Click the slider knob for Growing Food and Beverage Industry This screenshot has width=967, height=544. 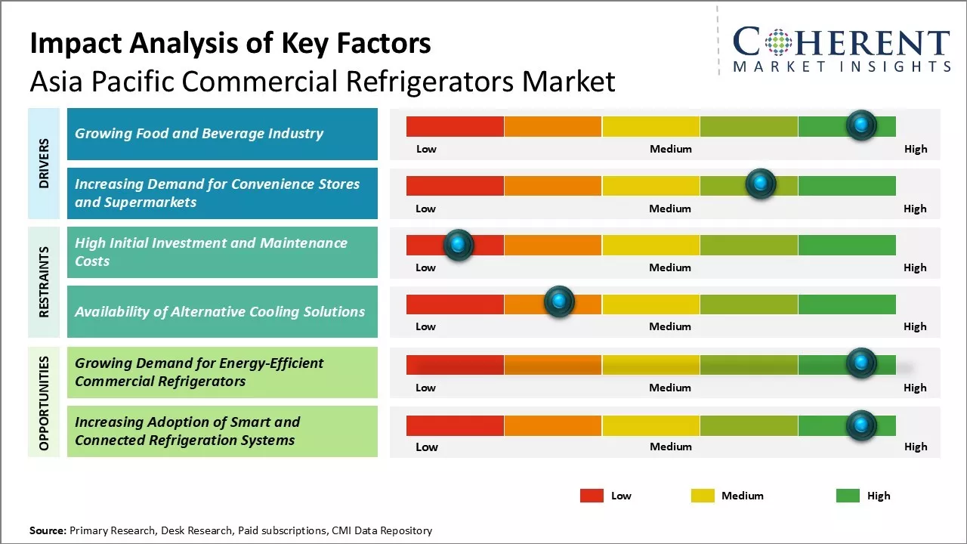click(861, 125)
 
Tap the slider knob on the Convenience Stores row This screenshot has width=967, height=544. click(761, 184)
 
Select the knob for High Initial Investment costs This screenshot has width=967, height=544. click(458, 245)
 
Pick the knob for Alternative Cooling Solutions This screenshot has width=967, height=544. click(559, 302)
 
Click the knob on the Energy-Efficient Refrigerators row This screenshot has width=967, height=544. click(861, 363)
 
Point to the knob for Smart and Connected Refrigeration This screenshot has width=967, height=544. click(861, 425)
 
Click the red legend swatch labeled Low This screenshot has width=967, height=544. click(592, 496)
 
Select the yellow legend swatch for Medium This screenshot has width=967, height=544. click(703, 496)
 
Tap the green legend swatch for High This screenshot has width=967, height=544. click(848, 496)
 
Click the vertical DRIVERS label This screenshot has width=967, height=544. click(44, 163)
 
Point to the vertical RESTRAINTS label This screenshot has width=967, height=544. click(44, 282)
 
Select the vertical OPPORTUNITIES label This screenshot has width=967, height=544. click(44, 403)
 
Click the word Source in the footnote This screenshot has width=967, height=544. click(48, 530)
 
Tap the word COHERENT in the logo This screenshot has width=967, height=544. click(842, 43)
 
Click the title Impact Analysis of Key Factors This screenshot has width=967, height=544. click(230, 43)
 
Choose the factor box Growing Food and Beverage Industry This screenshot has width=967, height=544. click(222, 134)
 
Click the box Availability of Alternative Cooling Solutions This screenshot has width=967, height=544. click(222, 311)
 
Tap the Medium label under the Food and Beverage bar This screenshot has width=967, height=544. click(670, 149)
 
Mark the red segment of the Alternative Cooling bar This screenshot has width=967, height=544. click(455, 304)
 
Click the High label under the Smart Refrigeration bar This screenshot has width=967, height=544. click(915, 447)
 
